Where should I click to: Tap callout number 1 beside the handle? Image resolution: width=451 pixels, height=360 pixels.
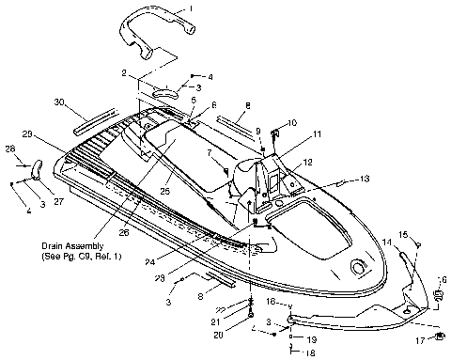click(x=191, y=8)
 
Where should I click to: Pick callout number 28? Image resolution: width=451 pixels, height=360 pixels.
click(x=10, y=149)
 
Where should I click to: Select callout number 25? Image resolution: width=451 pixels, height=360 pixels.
click(x=166, y=191)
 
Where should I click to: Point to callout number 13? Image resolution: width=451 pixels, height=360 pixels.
click(x=365, y=179)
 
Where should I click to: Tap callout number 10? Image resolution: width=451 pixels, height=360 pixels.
click(x=290, y=122)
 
